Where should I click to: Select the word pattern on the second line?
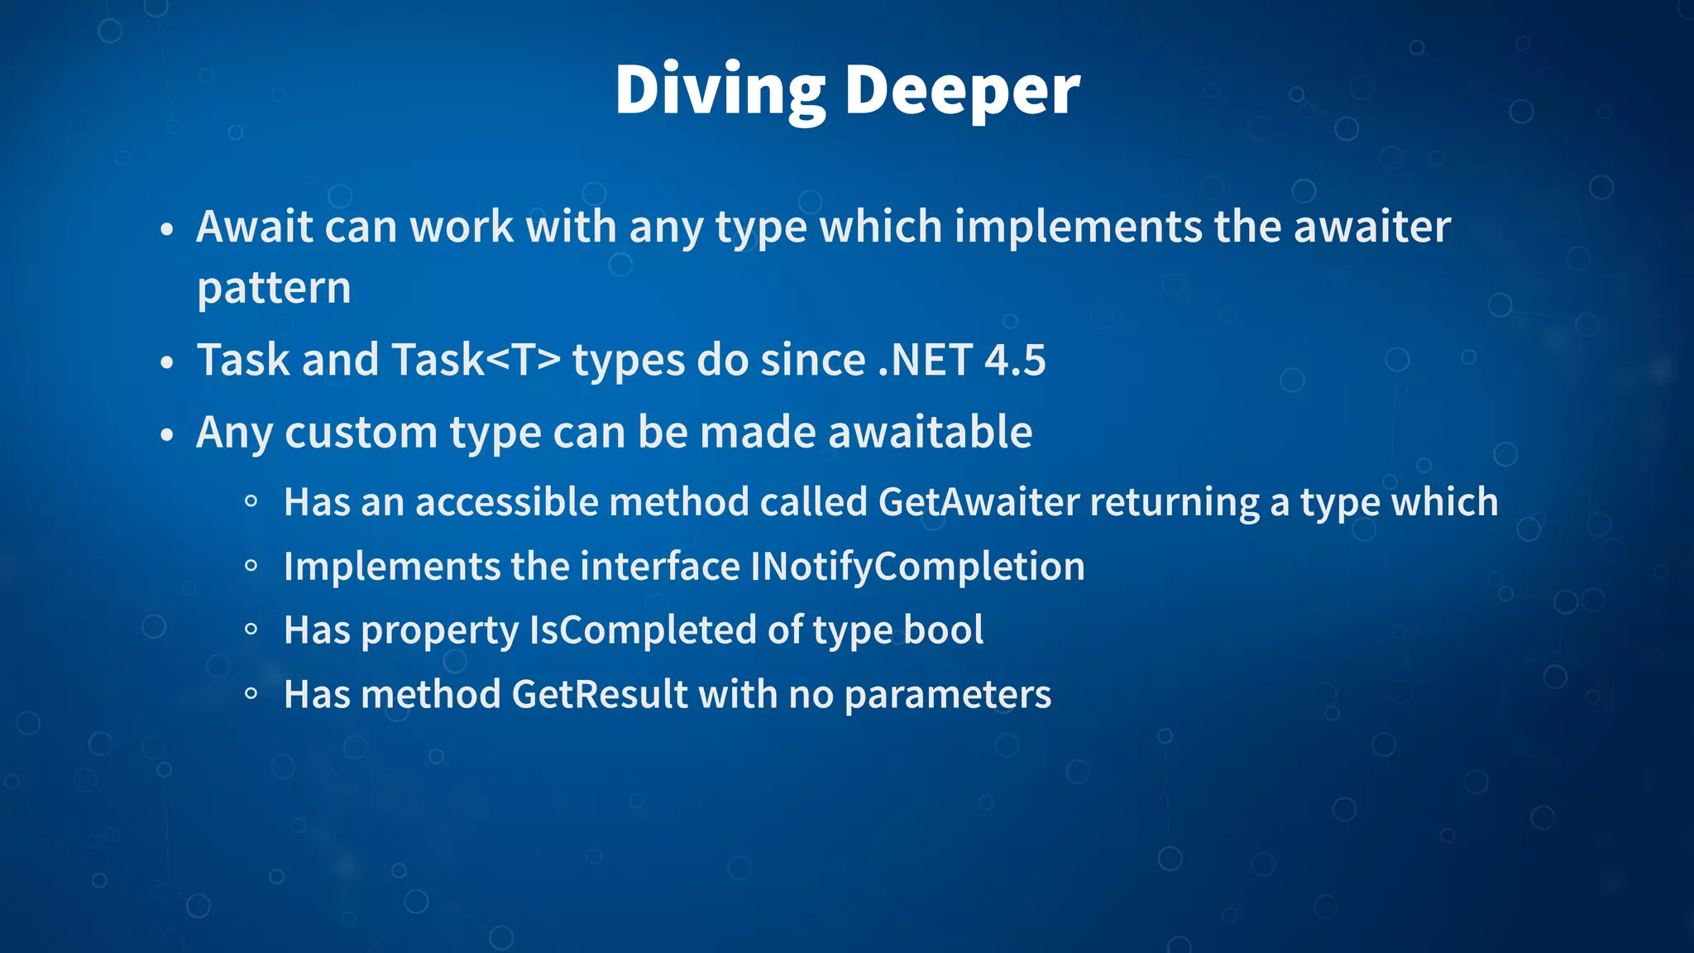(274, 289)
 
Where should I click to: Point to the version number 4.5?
(1015, 360)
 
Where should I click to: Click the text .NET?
(925, 360)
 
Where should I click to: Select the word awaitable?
(930, 432)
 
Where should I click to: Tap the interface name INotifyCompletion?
(917, 567)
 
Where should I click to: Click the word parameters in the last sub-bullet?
(948, 695)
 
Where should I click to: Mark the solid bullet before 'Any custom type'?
(167, 435)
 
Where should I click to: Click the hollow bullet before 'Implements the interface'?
(251, 566)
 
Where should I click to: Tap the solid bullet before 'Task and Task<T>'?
(167, 363)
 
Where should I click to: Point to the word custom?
(361, 432)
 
